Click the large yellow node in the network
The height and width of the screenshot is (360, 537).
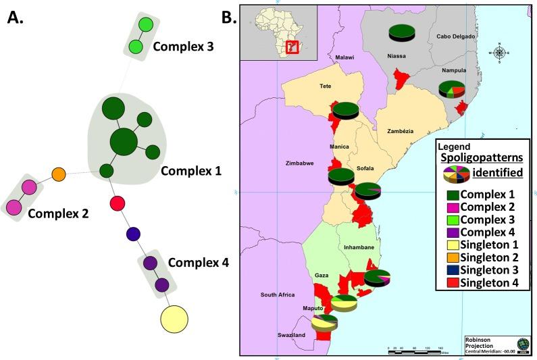pyautogui.click(x=174, y=318)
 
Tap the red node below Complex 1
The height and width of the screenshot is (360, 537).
pyautogui.click(x=117, y=202)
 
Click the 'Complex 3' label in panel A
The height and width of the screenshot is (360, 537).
pyautogui.click(x=184, y=47)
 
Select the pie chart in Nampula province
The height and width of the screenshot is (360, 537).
pyautogui.click(x=452, y=88)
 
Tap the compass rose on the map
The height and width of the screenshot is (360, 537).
pyautogui.click(x=499, y=52)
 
